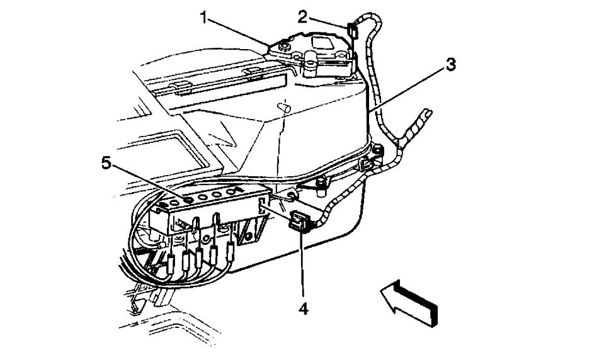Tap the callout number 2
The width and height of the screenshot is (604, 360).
303,16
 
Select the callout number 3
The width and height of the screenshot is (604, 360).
450,64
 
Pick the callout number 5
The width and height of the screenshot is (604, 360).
107,164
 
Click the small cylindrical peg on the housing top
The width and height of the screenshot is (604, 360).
286,108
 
